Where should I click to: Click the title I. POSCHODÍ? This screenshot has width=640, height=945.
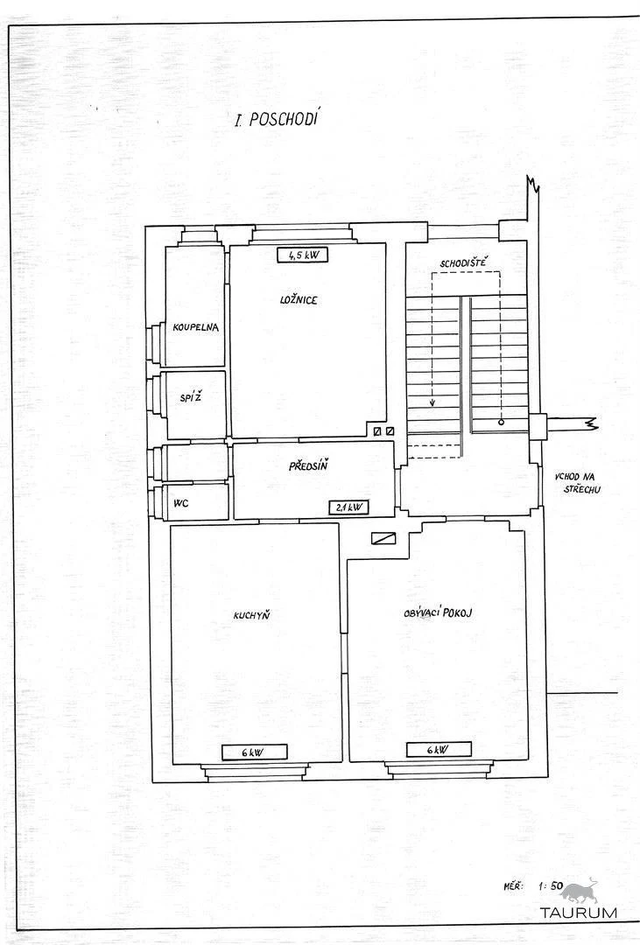277,118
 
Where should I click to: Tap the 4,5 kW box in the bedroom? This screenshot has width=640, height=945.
302,255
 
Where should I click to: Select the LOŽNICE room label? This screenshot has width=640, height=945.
299,299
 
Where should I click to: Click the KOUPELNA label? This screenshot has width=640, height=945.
195,327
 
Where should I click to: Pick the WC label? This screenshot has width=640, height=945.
181,502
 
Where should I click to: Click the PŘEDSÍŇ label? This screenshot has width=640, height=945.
308,465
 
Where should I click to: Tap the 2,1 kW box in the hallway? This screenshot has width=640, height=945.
348,507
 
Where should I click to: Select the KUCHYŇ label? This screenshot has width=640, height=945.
251,615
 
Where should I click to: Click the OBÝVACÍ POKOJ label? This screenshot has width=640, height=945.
438,612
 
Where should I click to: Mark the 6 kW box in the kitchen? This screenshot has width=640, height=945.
254,752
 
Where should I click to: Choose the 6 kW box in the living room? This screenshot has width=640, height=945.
439,750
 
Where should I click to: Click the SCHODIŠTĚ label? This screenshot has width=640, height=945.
463,262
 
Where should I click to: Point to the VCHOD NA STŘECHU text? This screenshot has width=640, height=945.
578,483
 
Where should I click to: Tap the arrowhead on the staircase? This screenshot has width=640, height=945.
433,403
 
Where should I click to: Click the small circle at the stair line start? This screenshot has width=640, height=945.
501,423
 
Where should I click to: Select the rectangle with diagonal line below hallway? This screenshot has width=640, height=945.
383,538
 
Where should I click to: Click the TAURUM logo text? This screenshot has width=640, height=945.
579,912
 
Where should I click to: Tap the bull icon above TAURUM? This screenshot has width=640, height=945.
583,890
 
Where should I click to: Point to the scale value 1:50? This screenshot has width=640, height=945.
550,885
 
